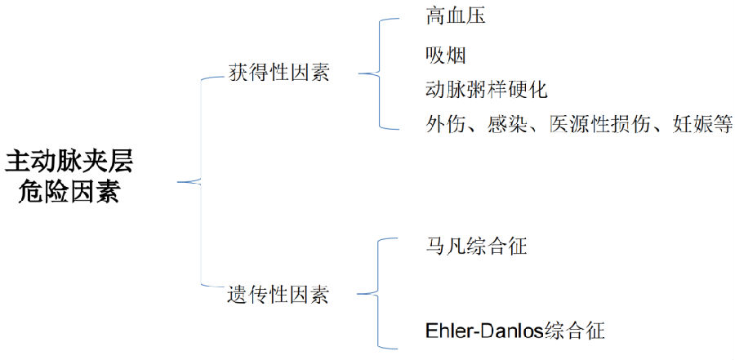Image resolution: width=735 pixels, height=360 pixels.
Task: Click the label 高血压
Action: [455, 16]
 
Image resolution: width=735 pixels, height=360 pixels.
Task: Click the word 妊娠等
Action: [702, 125]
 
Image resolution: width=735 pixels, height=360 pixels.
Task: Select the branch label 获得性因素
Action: [278, 73]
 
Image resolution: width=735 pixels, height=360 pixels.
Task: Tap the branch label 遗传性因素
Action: [278, 295]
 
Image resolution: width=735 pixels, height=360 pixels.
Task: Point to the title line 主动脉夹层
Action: [69, 161]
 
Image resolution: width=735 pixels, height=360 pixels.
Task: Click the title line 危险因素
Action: [69, 193]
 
